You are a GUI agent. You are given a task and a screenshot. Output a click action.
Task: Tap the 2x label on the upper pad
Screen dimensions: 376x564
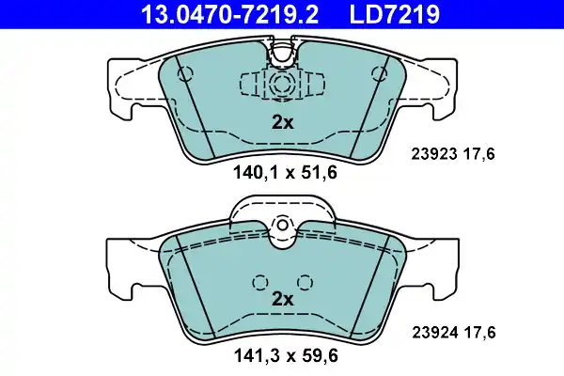(x=282, y=120)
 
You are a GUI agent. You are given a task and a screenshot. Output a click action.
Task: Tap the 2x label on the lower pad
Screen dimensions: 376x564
(x=282, y=298)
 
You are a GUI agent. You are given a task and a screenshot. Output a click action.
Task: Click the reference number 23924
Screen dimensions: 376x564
(x=433, y=331)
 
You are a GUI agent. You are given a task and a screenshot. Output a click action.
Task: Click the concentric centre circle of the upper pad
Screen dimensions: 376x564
(x=282, y=84)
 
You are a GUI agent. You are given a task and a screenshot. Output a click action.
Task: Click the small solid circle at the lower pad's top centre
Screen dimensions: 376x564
(x=282, y=227)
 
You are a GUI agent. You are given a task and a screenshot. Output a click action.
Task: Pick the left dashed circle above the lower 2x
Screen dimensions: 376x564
(x=260, y=281)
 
